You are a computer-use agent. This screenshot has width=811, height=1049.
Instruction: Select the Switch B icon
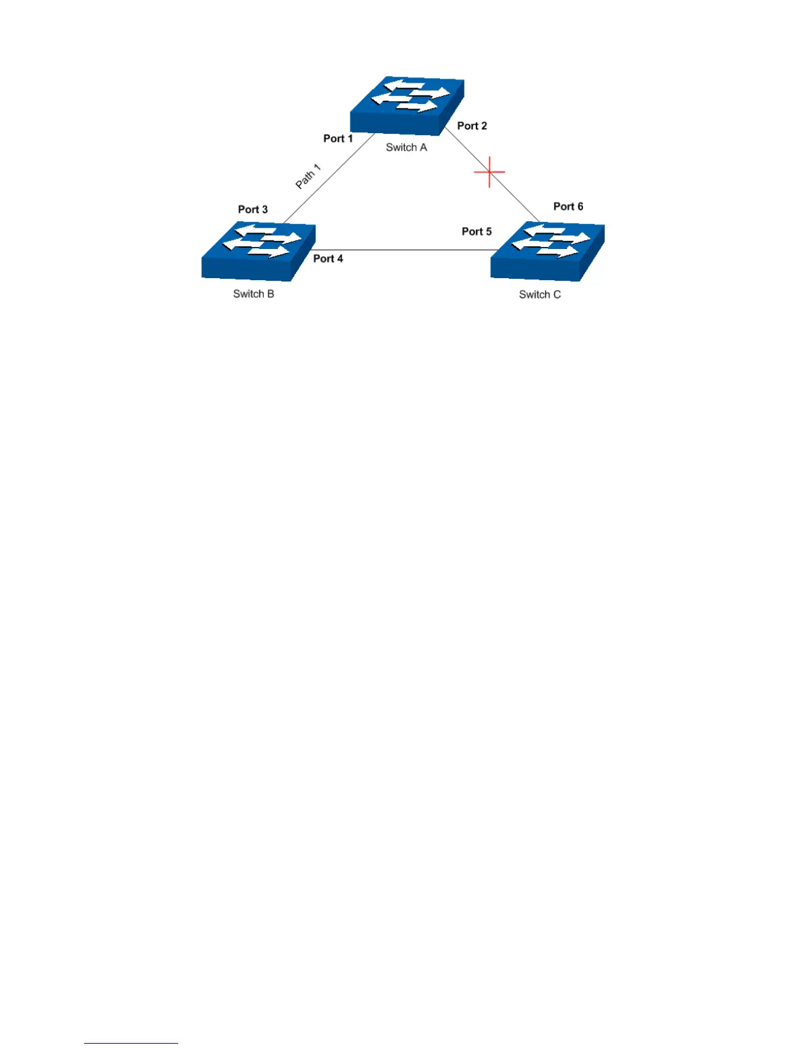[x=258, y=252]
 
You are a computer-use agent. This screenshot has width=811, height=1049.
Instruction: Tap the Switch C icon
[x=547, y=252]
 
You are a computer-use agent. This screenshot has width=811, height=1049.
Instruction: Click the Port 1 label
[x=338, y=138]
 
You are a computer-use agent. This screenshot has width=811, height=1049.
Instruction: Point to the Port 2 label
[x=472, y=126]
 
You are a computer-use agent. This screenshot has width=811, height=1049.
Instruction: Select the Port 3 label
[x=253, y=209]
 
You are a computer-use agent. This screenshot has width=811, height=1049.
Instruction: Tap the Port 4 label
[x=328, y=259]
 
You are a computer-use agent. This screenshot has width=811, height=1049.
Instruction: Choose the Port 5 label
[x=476, y=232]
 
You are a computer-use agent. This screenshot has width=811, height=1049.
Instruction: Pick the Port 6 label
[x=568, y=207]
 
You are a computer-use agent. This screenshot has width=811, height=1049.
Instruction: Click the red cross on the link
[x=489, y=172]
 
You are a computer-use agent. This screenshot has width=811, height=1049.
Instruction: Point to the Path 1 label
[x=308, y=177]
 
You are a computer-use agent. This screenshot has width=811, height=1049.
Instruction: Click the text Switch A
[x=406, y=148]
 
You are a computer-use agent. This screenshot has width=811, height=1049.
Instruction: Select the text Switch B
[x=253, y=294]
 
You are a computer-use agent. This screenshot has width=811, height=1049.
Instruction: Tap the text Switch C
[x=539, y=295]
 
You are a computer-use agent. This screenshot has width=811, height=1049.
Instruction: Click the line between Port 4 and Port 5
[x=404, y=250]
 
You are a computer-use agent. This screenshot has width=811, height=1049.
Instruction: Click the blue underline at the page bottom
[x=131, y=1043]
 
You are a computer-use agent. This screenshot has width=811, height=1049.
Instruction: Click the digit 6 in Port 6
[x=580, y=207]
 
